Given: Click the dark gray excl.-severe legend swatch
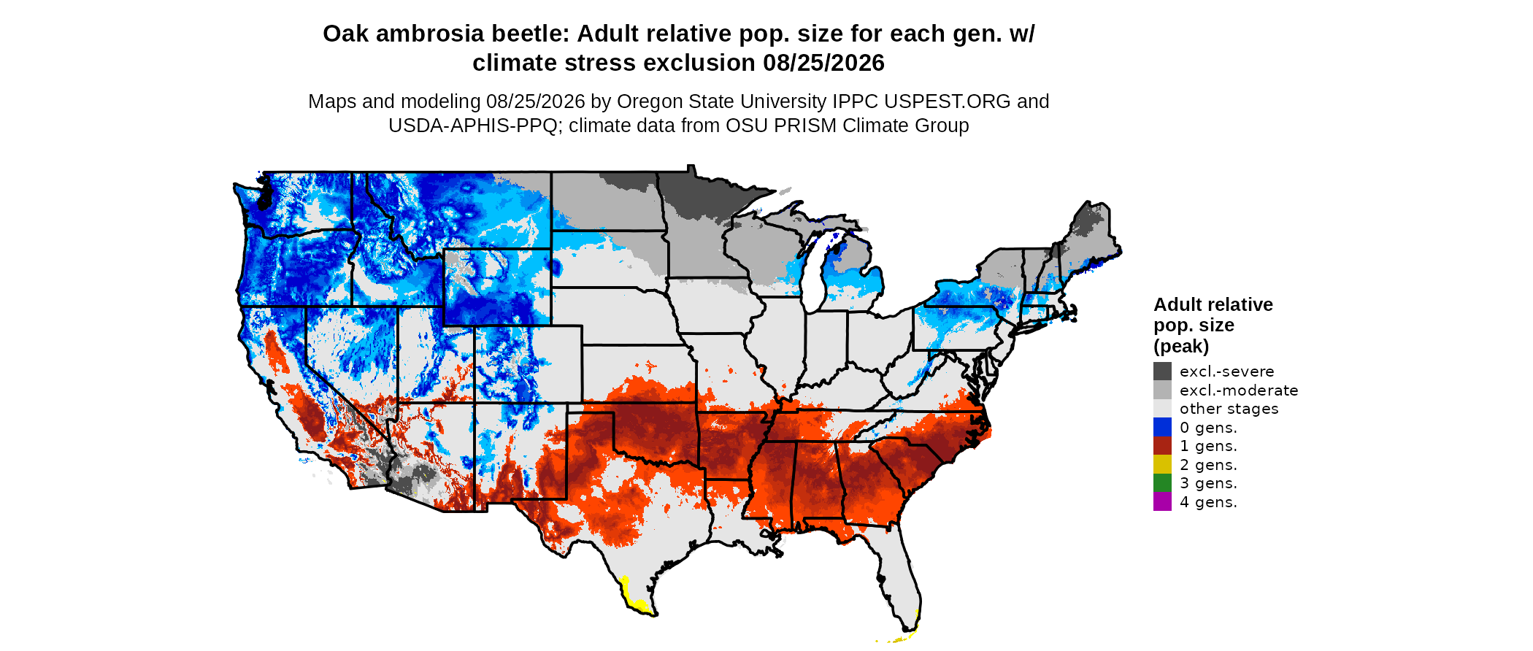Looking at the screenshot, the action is (x=1162, y=371).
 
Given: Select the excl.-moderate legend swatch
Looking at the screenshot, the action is (x=1162, y=390).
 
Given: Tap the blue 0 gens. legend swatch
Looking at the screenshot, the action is (x=1162, y=427).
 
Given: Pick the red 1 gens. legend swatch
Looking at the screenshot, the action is (x=1162, y=446).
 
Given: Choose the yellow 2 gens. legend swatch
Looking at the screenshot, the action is (x=1162, y=464).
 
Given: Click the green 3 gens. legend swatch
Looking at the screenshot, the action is (x=1162, y=483).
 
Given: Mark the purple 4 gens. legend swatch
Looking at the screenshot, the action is (x=1162, y=501).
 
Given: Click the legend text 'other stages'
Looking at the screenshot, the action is (x=1229, y=409).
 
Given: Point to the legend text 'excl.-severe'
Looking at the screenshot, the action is (x=1227, y=371).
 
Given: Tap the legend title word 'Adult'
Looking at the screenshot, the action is (x=1176, y=304).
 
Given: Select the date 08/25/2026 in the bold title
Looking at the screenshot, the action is (x=823, y=63).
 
